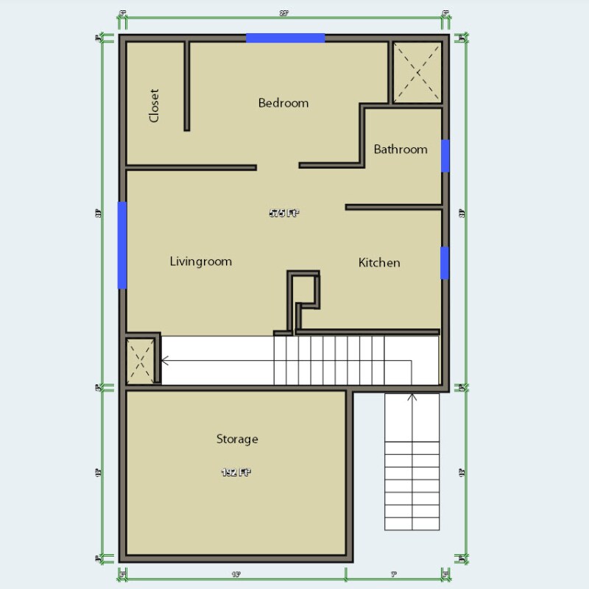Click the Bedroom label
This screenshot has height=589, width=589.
(283, 103)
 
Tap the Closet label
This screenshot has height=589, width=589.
(154, 106)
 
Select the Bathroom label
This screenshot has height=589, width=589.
(401, 149)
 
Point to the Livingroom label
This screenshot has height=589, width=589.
(200, 261)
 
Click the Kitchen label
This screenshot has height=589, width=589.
(379, 263)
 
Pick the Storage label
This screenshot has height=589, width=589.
(237, 440)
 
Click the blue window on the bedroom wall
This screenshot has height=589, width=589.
(285, 38)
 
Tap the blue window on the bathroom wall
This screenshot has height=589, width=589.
(445, 155)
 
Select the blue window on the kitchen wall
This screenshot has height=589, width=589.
(445, 263)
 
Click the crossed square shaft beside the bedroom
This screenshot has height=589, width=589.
(417, 71)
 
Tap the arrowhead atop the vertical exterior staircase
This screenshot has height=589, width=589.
(412, 398)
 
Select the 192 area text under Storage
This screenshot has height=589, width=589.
(237, 472)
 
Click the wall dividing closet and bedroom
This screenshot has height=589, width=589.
(186, 86)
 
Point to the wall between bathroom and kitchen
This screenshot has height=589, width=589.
(393, 208)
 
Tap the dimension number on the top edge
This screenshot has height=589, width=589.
(283, 13)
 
